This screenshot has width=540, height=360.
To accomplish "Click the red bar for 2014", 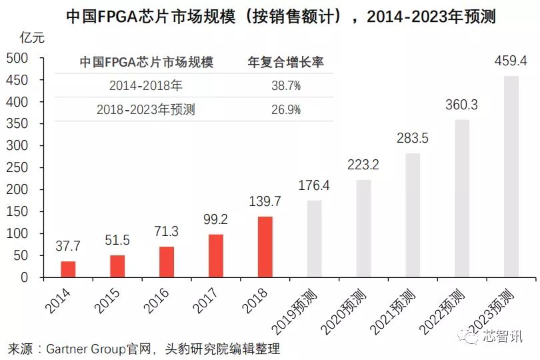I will pos(68,269).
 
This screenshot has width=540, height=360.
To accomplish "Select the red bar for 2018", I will pos(265,247).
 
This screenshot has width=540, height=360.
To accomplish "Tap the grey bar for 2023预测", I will pos(511,177).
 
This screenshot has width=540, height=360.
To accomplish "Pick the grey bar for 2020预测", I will pos(363,229).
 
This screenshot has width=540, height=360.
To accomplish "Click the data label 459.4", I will pos(511,61).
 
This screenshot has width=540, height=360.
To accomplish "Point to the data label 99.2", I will pos(215,220).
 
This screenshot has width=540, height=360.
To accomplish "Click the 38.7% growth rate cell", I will pos(285,86).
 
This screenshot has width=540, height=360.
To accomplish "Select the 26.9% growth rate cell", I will pos(285,109).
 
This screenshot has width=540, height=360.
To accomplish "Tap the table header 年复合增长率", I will pos(285,63).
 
